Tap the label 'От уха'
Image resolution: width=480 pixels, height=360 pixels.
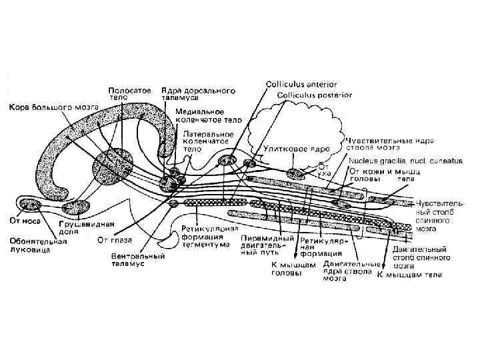[323, 169]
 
